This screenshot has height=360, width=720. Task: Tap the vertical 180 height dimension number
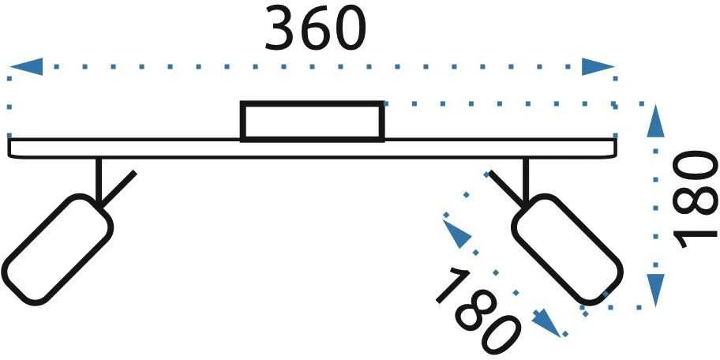click(694, 199)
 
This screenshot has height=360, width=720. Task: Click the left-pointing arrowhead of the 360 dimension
click(26, 66)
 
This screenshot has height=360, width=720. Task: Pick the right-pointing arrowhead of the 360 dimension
click(598, 66)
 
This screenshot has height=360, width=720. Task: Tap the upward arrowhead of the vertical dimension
click(655, 121)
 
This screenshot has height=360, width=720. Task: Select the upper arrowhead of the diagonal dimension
click(456, 234)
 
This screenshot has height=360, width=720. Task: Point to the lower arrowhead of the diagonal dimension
click(546, 323)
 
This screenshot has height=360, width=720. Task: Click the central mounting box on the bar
click(313, 122)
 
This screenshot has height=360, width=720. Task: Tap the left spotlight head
click(57, 249)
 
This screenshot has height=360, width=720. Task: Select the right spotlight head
click(568, 249)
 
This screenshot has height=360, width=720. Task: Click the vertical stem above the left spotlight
click(98, 180)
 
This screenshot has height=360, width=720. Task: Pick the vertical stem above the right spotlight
click(526, 180)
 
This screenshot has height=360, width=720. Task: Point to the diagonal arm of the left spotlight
click(118, 189)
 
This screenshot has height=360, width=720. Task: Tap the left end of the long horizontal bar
click(9, 148)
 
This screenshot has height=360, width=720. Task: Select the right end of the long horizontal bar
click(615, 148)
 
